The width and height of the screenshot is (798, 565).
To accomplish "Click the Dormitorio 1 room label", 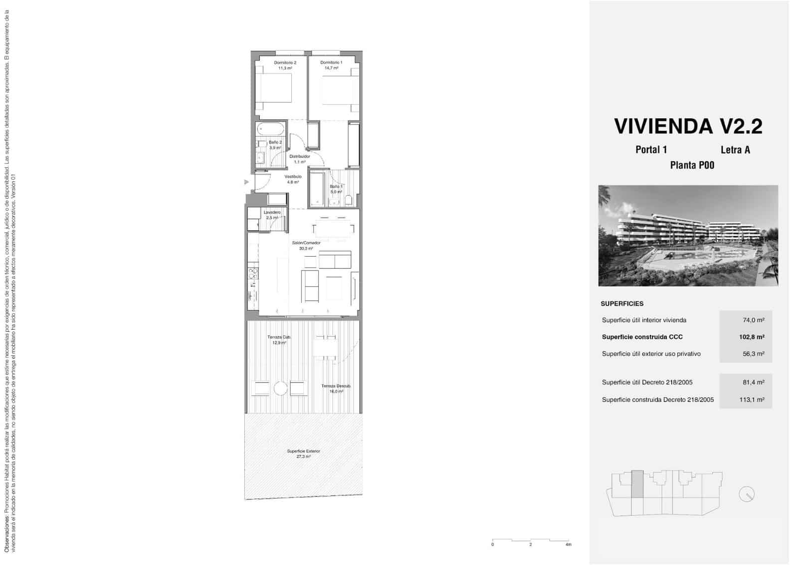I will pos(331,65).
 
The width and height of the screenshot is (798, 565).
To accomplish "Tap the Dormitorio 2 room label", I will pos(285,65).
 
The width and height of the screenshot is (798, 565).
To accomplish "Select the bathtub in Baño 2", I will pos(271,130).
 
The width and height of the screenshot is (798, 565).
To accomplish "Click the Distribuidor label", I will pos(300,158).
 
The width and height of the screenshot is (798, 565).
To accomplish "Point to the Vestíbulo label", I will pos(293,179).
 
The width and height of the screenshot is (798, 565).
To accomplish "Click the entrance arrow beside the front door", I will pos(246,182).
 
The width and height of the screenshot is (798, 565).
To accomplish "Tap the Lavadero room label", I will pos(272,215).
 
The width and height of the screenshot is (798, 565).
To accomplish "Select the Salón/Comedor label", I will pos(306,245).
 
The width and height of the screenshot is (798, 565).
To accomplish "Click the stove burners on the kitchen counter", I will pos(253,273).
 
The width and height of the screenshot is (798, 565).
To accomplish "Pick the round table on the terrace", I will pos(280,388).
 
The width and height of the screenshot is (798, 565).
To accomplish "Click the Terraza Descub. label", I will pos(336,389).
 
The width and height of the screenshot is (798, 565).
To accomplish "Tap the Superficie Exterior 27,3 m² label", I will pos(303,453).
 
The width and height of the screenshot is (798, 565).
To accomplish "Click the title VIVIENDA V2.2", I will pos(688,126).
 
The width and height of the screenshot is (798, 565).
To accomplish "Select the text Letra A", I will pos(735,149).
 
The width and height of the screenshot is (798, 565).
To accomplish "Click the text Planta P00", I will pos(692,165).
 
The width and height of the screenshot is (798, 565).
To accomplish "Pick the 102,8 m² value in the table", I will pos(752,337).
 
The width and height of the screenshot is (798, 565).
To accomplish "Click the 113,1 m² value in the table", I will pos(752,400).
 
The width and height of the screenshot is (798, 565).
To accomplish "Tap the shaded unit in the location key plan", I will pos(637,484).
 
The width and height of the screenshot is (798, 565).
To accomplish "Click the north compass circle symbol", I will pos(747,494).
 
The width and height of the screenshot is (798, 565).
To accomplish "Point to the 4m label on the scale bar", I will pos(569,545).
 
